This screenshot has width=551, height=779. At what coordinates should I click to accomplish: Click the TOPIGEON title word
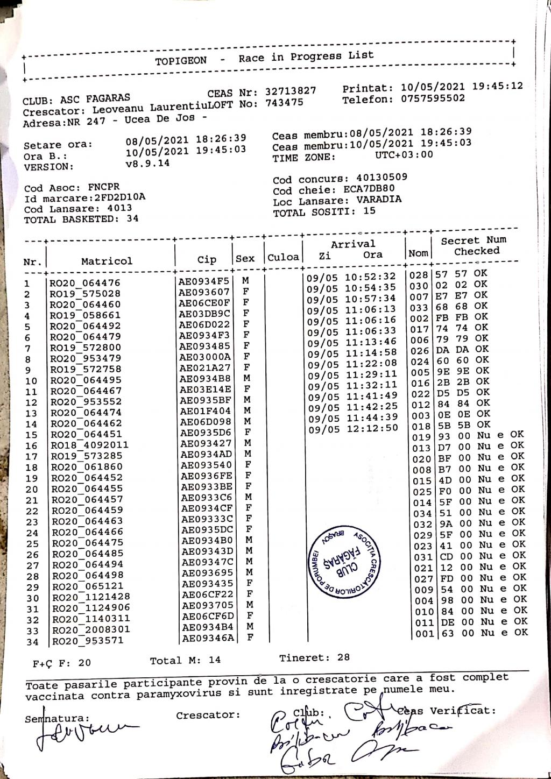tap(181, 61)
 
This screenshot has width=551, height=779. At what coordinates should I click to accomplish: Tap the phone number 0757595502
tap(433, 99)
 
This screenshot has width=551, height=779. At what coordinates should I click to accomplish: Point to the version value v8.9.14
tap(147, 163)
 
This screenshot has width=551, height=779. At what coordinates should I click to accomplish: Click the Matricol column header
tap(107, 261)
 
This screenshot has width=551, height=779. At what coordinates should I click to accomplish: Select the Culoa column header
tap(283, 257)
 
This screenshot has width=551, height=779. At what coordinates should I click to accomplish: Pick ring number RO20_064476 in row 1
tap(85, 283)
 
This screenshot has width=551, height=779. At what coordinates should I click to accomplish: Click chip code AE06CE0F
tap(204, 303)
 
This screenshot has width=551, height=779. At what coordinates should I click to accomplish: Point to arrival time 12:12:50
tap(372, 429)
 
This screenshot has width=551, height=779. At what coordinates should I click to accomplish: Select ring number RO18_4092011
tap(89, 445)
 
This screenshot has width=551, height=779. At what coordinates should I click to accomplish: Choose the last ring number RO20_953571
tap(88, 641)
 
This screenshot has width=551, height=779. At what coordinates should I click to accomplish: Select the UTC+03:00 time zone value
tap(404, 155)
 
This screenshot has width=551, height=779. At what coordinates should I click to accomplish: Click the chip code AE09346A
tap(208, 639)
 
